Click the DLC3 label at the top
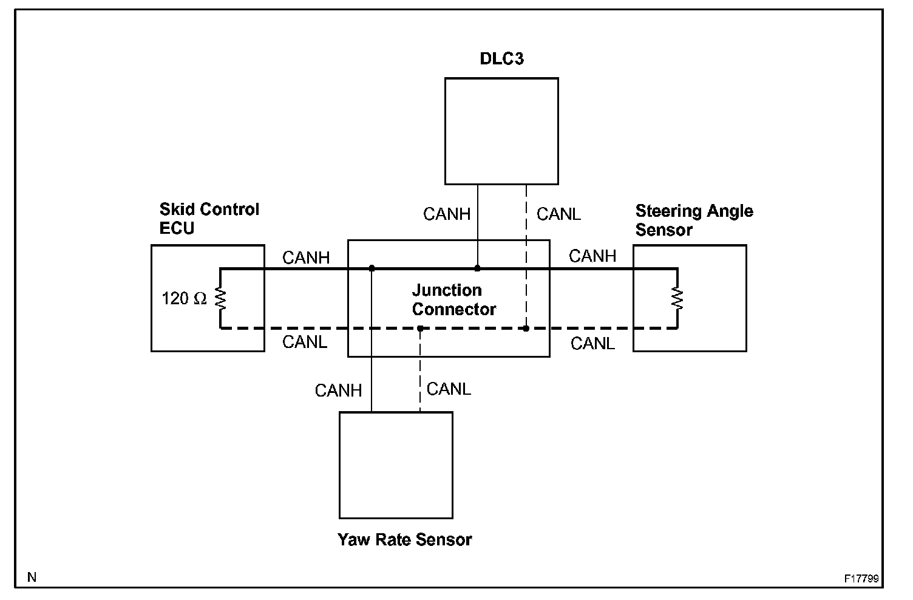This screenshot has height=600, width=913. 501,59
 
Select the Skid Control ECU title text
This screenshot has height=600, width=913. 209,219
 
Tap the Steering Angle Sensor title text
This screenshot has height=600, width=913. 694,220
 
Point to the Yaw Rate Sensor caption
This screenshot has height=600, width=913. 404,539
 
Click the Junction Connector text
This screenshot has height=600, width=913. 453,299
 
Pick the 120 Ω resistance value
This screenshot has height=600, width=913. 184,299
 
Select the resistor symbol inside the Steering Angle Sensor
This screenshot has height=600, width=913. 677,298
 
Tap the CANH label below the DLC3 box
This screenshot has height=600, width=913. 447,214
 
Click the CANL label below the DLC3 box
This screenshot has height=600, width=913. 558,214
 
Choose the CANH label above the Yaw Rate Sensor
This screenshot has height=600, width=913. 338,390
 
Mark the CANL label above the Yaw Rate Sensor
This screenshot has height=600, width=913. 449,389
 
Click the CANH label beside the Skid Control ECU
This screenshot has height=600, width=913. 306,258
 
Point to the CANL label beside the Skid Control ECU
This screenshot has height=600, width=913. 305,343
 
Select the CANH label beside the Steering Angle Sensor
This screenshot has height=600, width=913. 592,256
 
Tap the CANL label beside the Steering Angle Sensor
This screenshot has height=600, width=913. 592,344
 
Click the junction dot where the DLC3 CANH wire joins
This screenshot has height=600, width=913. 478,268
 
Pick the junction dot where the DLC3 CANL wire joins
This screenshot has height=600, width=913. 526,329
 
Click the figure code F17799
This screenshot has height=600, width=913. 861,579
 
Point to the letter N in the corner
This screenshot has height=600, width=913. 32,578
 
